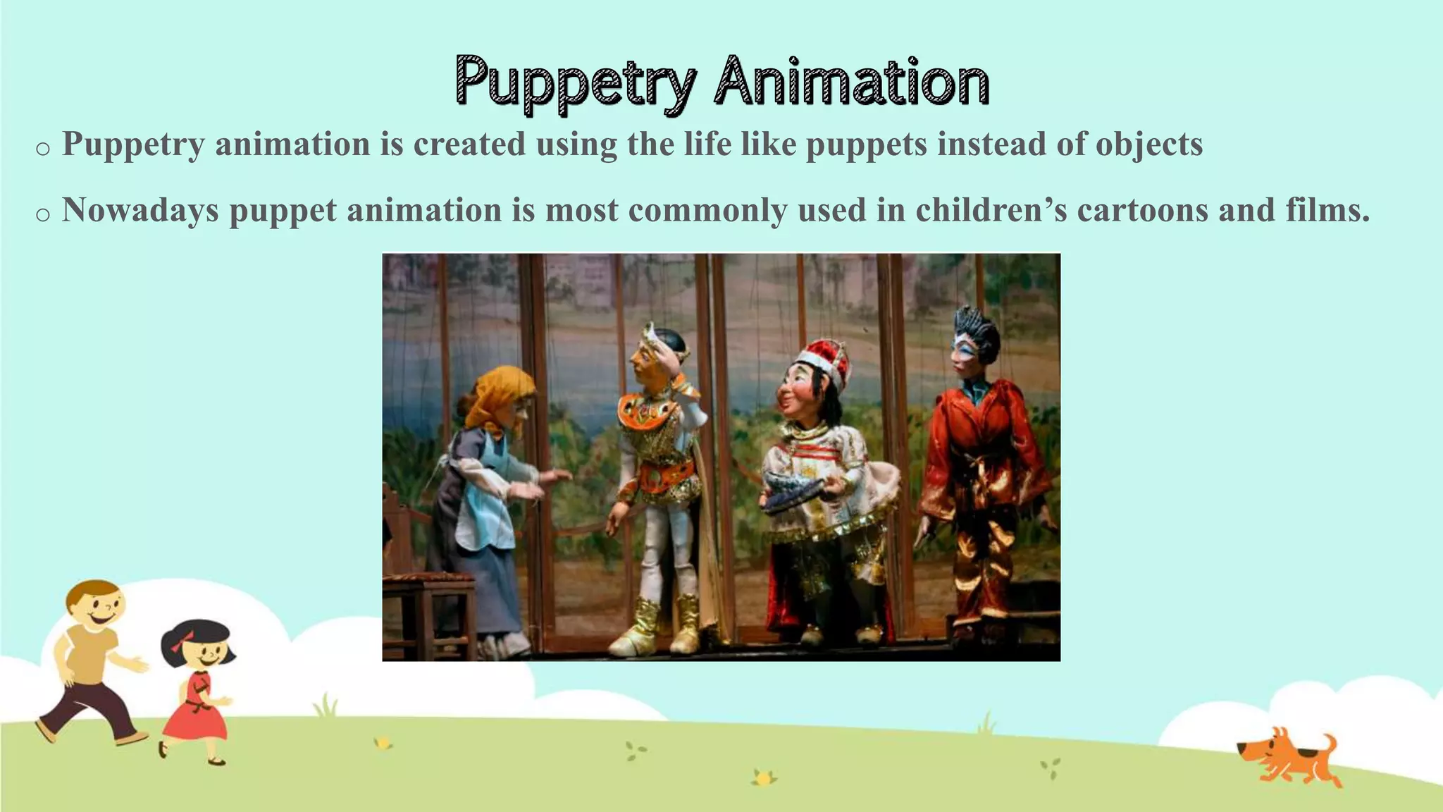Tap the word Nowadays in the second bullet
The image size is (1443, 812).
140,210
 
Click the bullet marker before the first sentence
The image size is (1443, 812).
42,149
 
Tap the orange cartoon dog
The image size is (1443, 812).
1289,762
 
